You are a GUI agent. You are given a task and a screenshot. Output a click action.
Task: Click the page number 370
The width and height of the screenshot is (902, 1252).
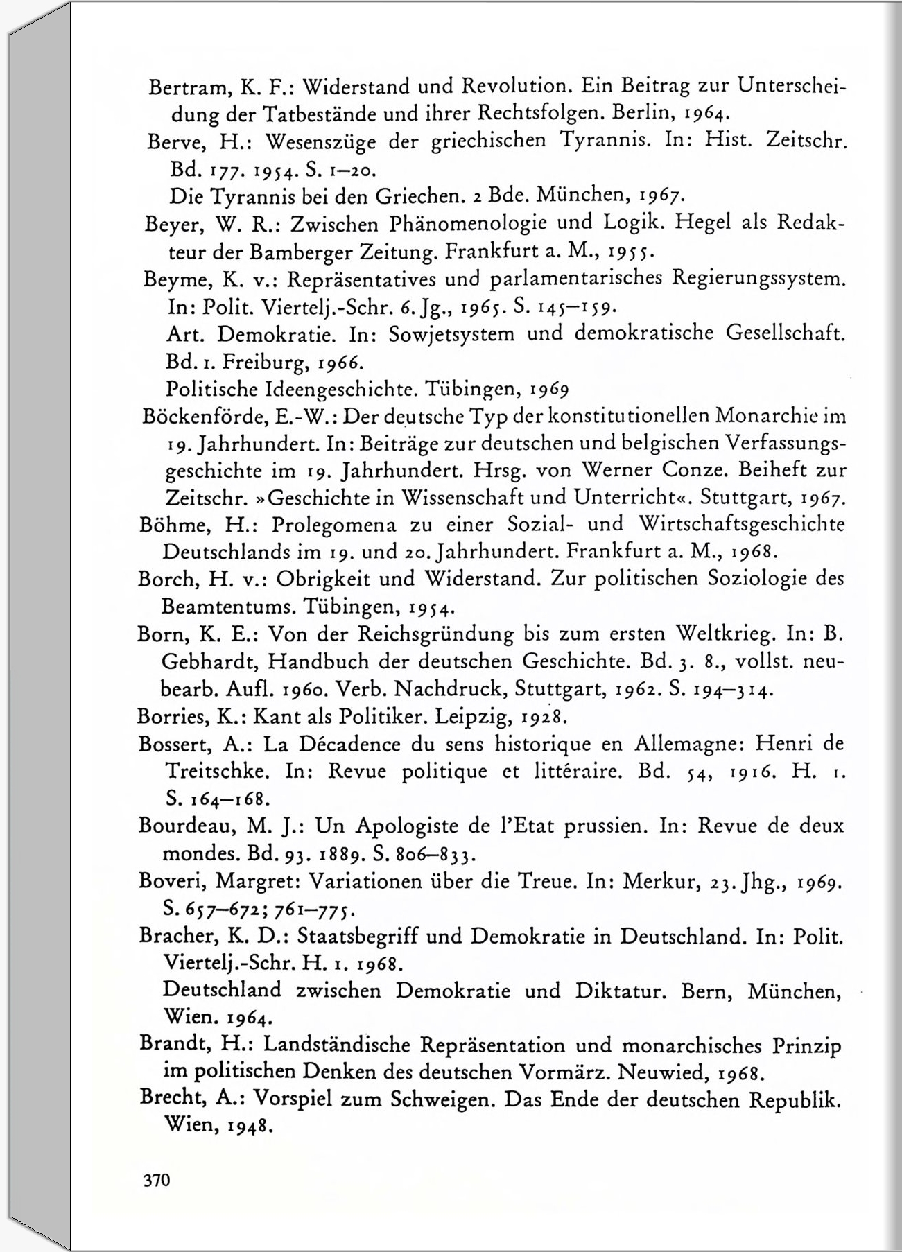pyautogui.click(x=156, y=1180)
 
